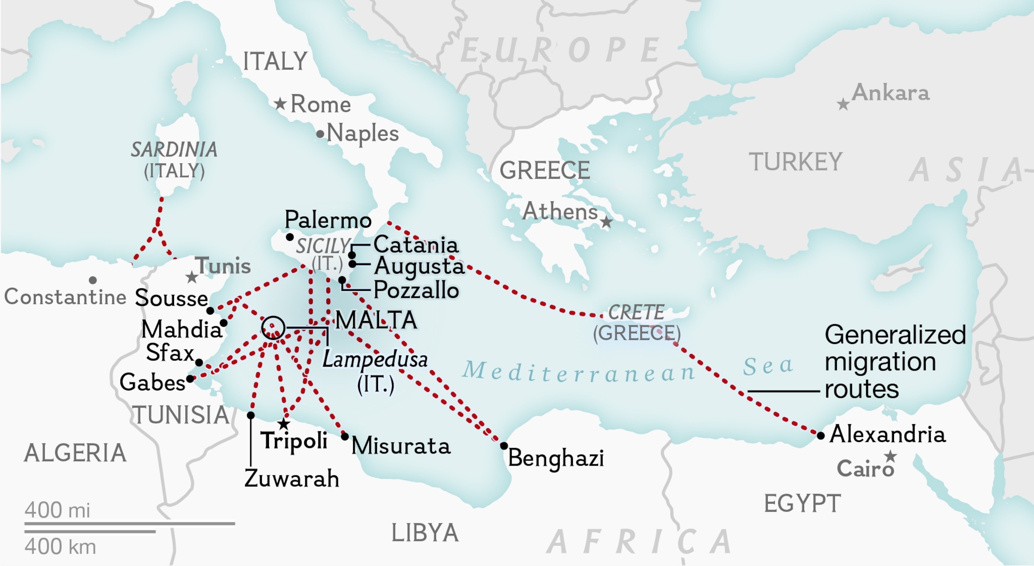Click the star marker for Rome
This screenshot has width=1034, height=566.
coord(280,104)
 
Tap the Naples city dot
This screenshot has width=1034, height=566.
coord(320,134)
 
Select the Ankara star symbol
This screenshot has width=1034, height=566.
coord(843,104)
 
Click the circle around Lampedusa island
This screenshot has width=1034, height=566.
coord(273,328)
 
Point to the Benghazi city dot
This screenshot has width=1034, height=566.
coord(504,446)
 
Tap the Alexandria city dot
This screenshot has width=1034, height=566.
coord(821,435)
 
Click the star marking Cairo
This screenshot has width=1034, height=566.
coord(890,456)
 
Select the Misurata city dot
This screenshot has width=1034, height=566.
coord(345,436)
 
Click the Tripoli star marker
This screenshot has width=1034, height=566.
coord(284,424)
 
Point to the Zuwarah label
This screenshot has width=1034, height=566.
coord(292,479)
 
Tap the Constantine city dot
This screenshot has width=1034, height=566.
coord(93,280)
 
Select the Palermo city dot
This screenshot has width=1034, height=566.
coord(289,237)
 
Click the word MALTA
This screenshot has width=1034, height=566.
coord(376,320)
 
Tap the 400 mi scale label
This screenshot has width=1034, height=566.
coord(58,510)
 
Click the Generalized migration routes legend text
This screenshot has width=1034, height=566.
coord(894,362)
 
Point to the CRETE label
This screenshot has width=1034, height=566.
coord(636,312)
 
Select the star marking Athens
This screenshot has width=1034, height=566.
coord(606,222)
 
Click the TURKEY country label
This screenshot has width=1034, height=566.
coord(796,162)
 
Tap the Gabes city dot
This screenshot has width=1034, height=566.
coord(190,378)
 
